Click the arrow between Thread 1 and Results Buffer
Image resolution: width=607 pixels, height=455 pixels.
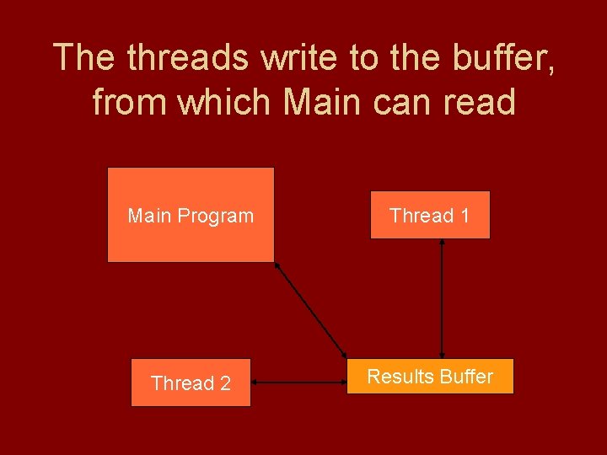442,299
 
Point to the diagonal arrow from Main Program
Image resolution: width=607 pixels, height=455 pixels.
311,309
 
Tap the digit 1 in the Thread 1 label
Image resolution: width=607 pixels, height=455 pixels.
464,216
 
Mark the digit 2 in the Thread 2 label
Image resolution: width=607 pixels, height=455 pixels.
225,383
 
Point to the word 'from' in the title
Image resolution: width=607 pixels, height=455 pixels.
126,101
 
